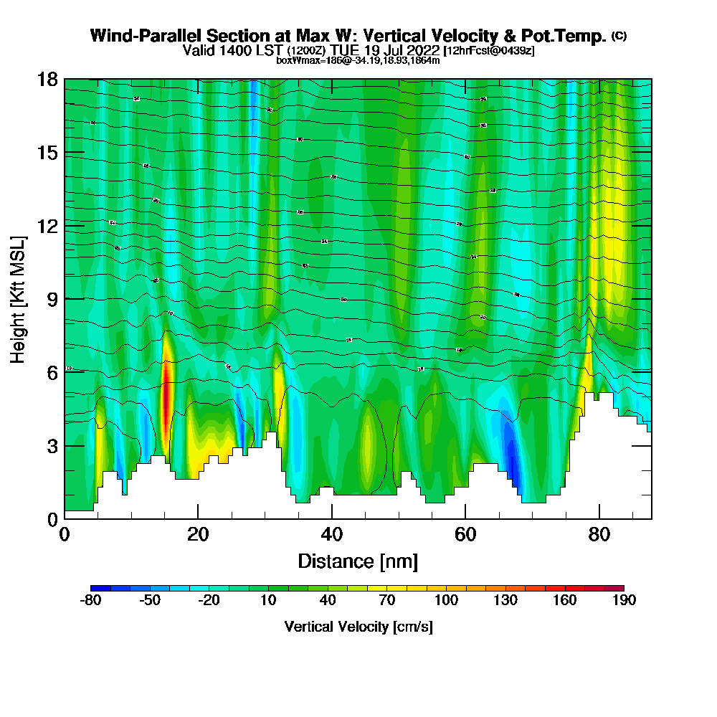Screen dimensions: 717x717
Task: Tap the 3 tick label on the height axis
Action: coord(53,445)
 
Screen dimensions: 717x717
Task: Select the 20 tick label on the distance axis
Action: coord(198,533)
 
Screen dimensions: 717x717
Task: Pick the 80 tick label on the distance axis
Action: coord(599,533)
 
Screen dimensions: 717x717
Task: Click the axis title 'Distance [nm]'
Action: coord(358,560)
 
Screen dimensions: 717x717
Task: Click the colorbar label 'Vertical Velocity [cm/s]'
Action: coord(358,627)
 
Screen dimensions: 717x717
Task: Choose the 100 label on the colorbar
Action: coord(446,601)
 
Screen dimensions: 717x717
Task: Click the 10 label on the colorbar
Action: coord(268,601)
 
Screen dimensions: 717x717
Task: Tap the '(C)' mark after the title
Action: coord(619,36)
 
